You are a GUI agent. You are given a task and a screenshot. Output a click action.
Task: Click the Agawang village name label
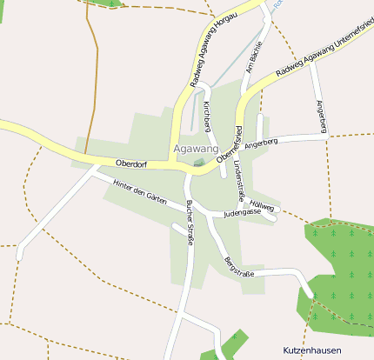(x=196, y=149)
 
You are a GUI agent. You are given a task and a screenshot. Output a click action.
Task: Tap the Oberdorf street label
(x=130, y=163)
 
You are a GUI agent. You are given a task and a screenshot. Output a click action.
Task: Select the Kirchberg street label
(x=207, y=117)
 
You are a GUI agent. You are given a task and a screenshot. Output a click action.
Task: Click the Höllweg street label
(x=264, y=206)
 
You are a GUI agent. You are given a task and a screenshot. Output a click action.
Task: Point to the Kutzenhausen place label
(x=312, y=350)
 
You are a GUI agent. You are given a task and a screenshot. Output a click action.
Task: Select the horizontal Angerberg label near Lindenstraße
(x=261, y=142)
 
